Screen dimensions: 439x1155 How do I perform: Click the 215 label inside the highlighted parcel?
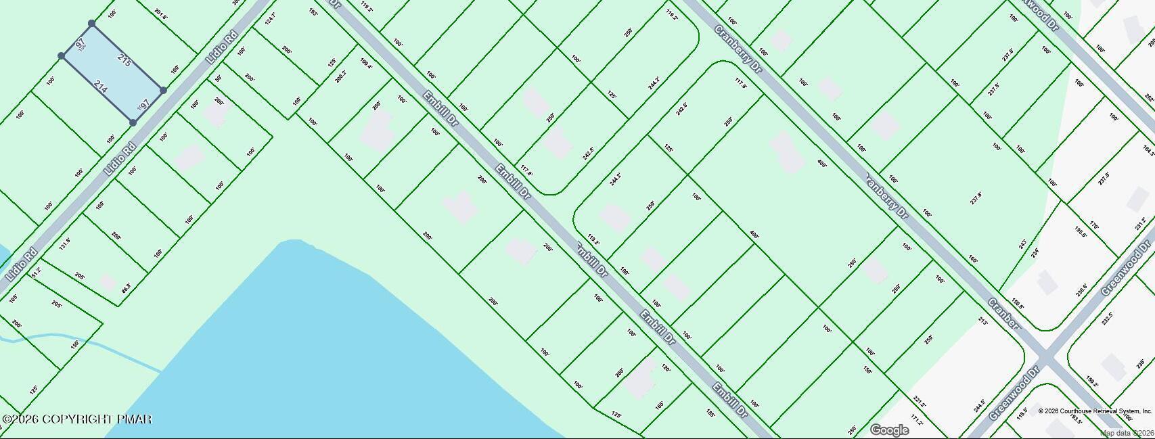tap(124, 60)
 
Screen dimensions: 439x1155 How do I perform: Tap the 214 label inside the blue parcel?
tap(100, 87)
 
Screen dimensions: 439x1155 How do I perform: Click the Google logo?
tap(889, 430)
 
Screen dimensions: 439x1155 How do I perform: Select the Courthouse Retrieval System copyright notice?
tap(1095, 411)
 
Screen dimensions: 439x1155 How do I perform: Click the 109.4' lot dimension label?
tap(366, 65)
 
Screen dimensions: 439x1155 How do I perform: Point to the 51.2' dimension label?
tap(37, 273)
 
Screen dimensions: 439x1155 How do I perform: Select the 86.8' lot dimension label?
tap(126, 287)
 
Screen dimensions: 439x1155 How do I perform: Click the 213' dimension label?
tap(983, 323)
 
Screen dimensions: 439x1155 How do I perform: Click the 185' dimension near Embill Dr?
tap(710, 413)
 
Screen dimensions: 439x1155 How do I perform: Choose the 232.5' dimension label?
tap(1107, 318)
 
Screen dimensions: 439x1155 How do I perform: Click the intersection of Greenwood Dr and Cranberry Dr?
tap(1046, 356)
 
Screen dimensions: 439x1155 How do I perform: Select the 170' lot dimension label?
tap(1094, 226)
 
